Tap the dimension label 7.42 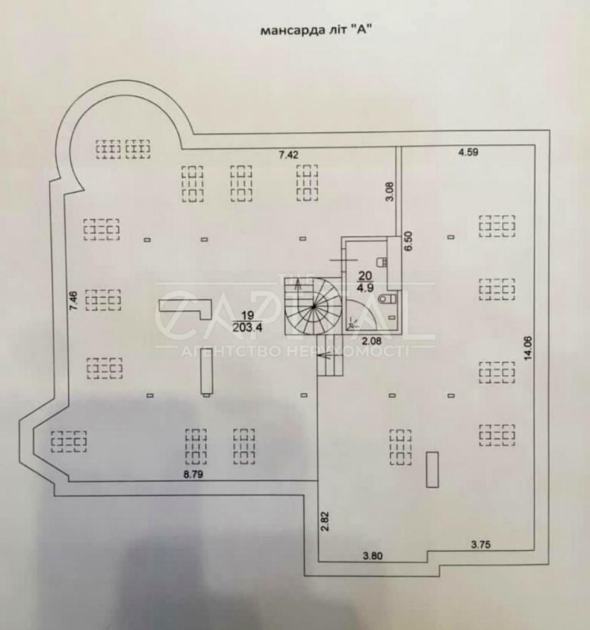(288, 154)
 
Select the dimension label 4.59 (469, 153)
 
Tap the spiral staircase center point (313, 307)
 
